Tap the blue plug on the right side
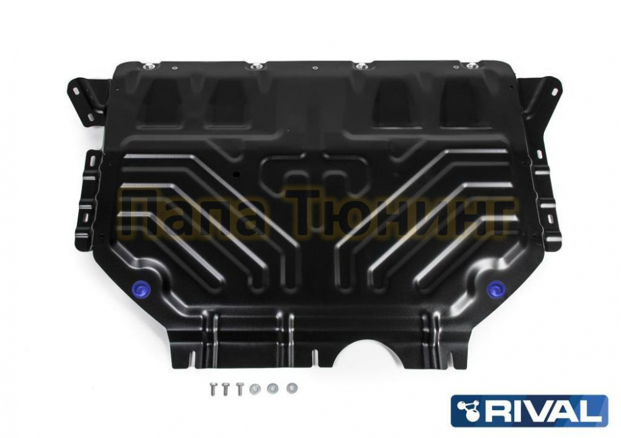coord(494,288)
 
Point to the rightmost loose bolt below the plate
coord(239,390)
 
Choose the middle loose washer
coord(272,388)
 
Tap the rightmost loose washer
coord(292,387)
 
